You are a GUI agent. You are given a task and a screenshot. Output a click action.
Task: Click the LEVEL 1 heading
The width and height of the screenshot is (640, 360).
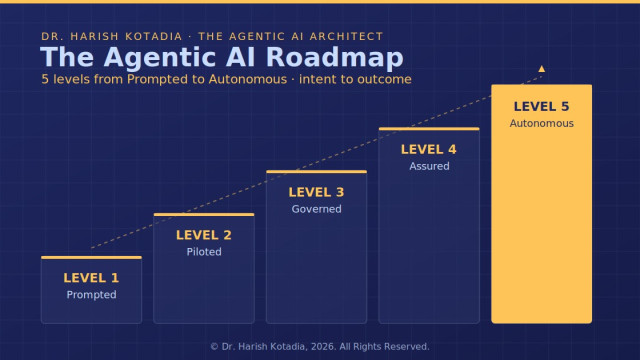91,278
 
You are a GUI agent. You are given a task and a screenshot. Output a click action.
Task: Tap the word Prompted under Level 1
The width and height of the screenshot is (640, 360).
91,295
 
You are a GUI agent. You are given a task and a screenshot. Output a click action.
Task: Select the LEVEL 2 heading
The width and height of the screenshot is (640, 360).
204,235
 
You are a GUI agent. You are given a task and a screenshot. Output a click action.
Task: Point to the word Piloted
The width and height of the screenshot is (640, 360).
204,252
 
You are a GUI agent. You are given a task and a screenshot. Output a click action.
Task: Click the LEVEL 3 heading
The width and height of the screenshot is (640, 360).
316,192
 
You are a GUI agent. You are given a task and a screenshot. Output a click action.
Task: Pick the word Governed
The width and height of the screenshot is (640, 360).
316,209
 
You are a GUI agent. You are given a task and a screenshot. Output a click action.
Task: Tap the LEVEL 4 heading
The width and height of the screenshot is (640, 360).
429,149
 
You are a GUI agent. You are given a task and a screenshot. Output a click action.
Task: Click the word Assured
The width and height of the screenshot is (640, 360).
429,166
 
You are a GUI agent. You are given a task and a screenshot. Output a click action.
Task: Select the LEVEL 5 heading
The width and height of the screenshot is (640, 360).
541,107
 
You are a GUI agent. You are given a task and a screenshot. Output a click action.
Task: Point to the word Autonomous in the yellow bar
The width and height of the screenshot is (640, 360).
542,123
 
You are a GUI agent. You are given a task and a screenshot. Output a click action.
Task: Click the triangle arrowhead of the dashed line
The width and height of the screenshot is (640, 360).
542,69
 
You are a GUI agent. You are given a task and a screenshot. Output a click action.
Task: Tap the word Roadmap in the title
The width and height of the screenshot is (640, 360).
335,57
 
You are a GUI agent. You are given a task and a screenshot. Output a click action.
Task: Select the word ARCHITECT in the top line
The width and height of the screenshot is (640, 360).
347,36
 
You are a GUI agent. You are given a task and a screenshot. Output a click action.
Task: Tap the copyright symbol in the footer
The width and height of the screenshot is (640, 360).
214,347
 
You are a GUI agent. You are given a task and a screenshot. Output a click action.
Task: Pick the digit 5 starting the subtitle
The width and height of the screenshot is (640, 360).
45,79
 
